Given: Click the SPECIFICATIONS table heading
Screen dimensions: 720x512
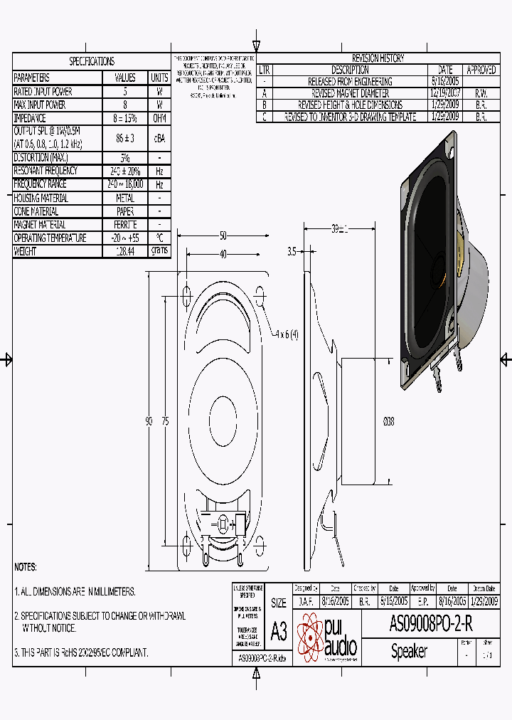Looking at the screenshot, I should [92, 61].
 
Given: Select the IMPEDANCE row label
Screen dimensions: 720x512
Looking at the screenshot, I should [31, 118].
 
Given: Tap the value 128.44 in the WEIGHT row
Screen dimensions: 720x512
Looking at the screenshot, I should [125, 251].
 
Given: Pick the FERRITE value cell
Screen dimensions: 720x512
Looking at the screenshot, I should [125, 225].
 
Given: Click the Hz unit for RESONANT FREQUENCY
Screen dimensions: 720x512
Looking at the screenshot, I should [160, 171].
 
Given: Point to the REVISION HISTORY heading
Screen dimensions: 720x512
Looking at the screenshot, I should [378, 58].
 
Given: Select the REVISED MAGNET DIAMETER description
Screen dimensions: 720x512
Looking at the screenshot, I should [350, 93].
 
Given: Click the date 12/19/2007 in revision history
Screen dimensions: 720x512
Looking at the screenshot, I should [445, 93].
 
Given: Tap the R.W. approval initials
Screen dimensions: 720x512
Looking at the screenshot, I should [481, 93].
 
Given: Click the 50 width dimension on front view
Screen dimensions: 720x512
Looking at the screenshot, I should [223, 235].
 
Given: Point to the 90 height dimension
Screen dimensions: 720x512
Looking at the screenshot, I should [149, 422].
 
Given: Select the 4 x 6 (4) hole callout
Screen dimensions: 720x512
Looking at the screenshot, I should [288, 334].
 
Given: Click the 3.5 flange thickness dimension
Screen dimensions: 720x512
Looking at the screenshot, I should [292, 251].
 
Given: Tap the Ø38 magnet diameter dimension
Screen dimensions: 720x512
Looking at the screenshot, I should [389, 422].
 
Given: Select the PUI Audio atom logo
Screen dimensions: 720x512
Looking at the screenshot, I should [310, 637].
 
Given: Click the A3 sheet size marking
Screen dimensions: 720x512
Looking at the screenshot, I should [279, 631].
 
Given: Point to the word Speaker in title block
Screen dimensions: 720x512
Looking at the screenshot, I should [409, 652].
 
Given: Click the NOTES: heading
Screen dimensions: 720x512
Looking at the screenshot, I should [26, 568].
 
